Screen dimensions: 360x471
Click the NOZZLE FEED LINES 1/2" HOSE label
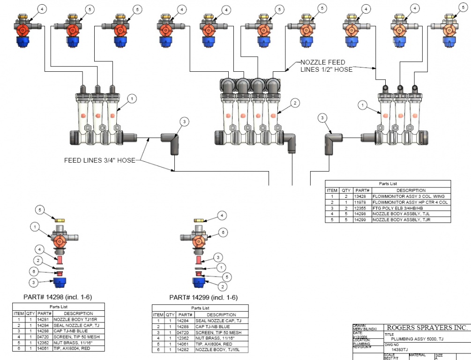pos(326,66)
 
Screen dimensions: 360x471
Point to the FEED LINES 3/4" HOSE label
pos(99,160)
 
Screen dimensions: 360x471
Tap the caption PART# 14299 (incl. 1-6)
pos(203,298)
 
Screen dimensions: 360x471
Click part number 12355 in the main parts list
pos(359,208)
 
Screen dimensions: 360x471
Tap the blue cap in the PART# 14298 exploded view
pos(59,282)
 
